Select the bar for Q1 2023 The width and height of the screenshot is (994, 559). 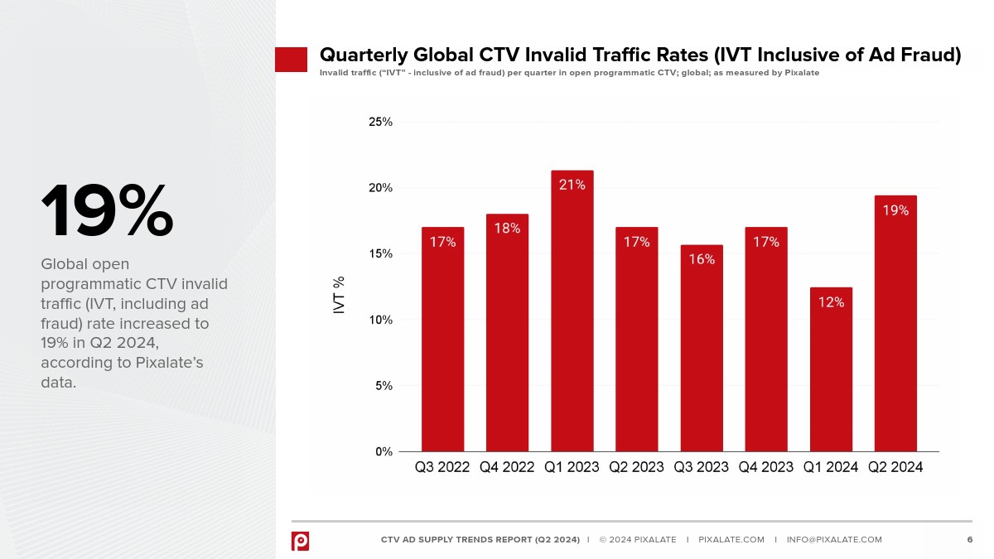click(572, 315)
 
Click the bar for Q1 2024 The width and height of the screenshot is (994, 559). click(831, 373)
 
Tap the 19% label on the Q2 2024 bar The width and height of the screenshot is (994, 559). click(895, 210)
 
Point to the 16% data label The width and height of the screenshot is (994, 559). click(702, 259)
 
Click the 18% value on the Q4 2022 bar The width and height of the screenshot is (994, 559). click(507, 228)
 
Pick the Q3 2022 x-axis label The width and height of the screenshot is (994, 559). click(442, 467)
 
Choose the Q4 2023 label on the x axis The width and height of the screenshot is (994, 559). click(766, 467)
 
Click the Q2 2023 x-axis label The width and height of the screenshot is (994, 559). click(636, 467)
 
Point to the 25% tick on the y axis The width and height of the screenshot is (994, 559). click(380, 122)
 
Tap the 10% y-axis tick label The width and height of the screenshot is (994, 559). click(380, 320)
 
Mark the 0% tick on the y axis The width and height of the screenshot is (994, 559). click(384, 451)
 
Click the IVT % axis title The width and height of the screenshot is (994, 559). click(340, 295)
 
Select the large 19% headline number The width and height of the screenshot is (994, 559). click(107, 212)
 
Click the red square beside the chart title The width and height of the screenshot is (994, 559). click(291, 59)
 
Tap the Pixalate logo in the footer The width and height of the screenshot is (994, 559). click(300, 541)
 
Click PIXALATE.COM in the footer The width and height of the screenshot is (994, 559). click(731, 540)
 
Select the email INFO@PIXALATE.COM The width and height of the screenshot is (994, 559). click(834, 540)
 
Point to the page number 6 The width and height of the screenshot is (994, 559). click(969, 540)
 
